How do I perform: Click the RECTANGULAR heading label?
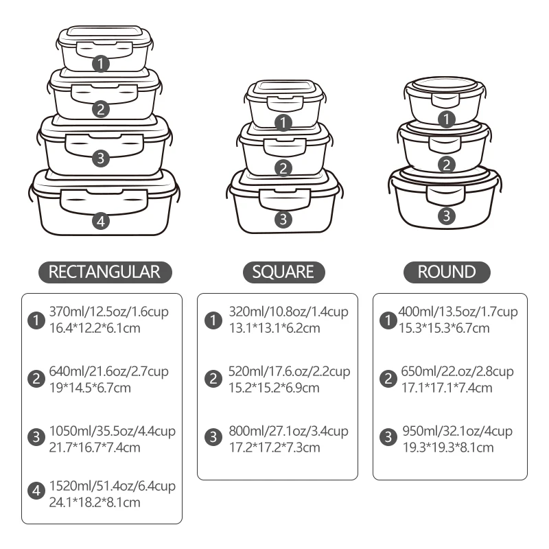(x=105, y=272)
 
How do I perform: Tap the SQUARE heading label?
(x=283, y=272)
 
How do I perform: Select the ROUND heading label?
(x=447, y=272)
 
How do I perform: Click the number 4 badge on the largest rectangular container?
(x=101, y=221)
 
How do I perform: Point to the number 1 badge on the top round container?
(x=447, y=119)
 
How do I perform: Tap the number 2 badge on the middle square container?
(x=283, y=168)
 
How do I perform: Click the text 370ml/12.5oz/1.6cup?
(x=109, y=312)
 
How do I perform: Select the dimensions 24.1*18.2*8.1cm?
(x=95, y=502)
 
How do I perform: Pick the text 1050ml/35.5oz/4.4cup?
(x=113, y=431)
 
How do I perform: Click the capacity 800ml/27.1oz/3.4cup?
(x=288, y=431)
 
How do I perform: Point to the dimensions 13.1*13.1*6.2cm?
(x=274, y=328)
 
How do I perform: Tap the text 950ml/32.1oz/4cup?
(x=457, y=431)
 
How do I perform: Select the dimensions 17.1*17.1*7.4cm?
(x=447, y=388)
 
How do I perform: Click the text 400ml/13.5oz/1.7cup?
(x=458, y=312)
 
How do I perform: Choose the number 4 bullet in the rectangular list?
(x=36, y=491)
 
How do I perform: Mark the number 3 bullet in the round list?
(x=388, y=437)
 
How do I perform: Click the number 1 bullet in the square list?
(x=213, y=320)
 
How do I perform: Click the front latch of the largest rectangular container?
(x=104, y=201)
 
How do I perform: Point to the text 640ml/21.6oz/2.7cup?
(x=109, y=371)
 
